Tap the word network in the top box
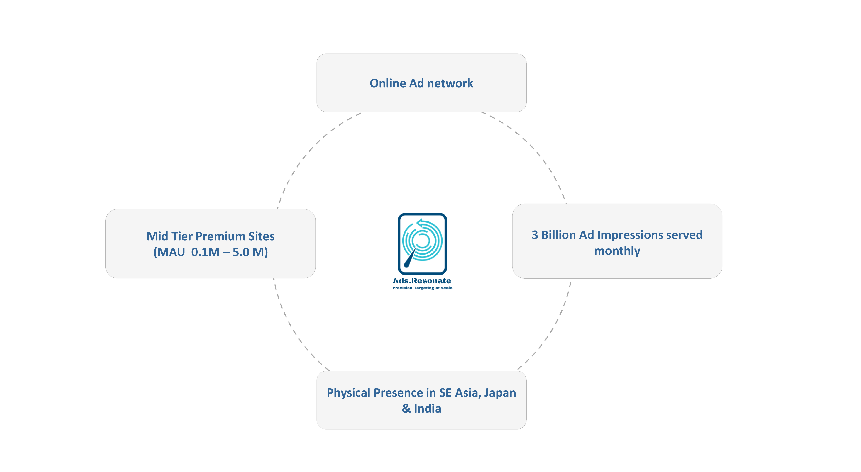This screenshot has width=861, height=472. (450, 83)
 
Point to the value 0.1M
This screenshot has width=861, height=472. (205, 252)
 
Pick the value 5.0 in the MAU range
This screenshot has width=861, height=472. (241, 252)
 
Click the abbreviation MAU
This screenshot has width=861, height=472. (171, 252)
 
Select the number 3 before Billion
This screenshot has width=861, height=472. (535, 235)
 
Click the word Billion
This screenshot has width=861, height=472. (559, 235)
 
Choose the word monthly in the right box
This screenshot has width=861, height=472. (617, 251)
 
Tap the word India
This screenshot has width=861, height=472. (428, 409)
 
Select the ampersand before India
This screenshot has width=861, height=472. (406, 409)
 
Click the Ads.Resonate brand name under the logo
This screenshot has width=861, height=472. (422, 281)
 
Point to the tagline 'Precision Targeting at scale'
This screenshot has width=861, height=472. (422, 288)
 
